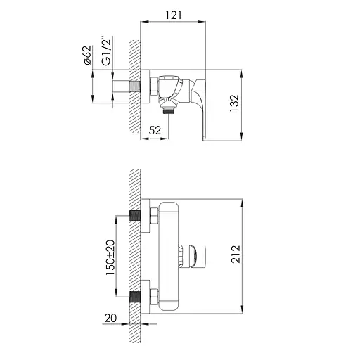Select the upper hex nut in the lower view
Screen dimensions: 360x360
coord(153,215)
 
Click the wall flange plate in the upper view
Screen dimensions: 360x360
coord(145,88)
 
